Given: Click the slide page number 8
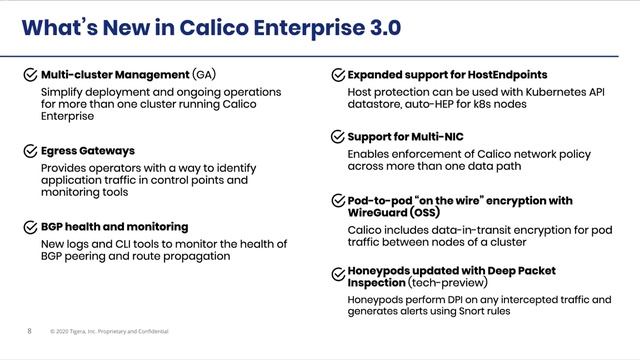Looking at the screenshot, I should click(29, 331).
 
